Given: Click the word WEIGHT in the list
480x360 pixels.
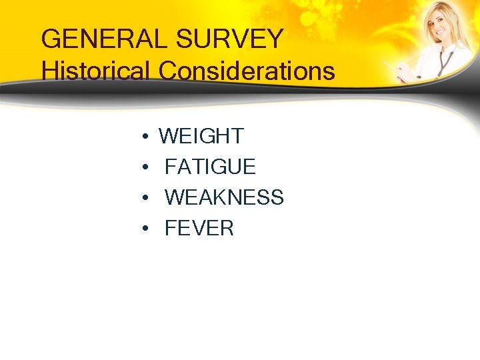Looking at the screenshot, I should (x=201, y=136).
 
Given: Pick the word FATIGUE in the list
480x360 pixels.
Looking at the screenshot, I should (x=210, y=167).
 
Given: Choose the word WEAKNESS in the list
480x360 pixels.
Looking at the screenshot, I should (x=224, y=197).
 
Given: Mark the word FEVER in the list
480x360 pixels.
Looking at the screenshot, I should (x=199, y=229).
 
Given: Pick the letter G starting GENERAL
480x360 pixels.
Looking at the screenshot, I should (x=51, y=39).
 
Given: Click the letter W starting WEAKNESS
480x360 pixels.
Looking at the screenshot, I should (x=174, y=197).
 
